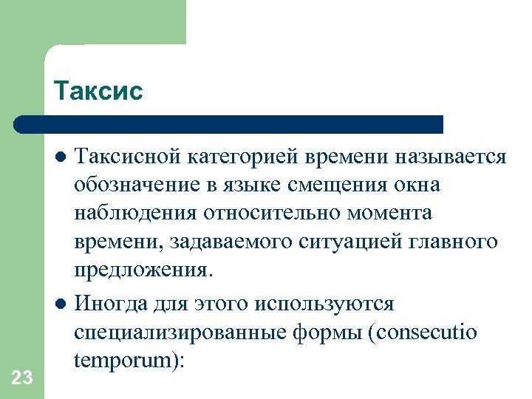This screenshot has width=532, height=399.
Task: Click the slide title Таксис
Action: (x=98, y=91)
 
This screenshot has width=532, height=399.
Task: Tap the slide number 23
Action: (x=22, y=378)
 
